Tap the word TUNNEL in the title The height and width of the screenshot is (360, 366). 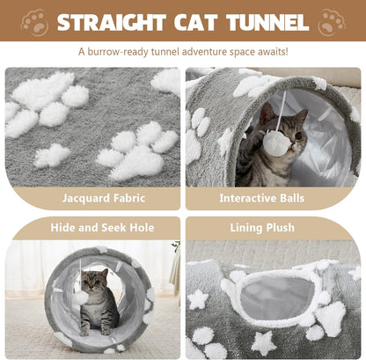coord(263,21)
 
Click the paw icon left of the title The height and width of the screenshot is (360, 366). coord(34,21)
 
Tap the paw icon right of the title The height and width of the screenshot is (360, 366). coord(332,21)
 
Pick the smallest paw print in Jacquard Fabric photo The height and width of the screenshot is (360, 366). coord(53,156)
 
